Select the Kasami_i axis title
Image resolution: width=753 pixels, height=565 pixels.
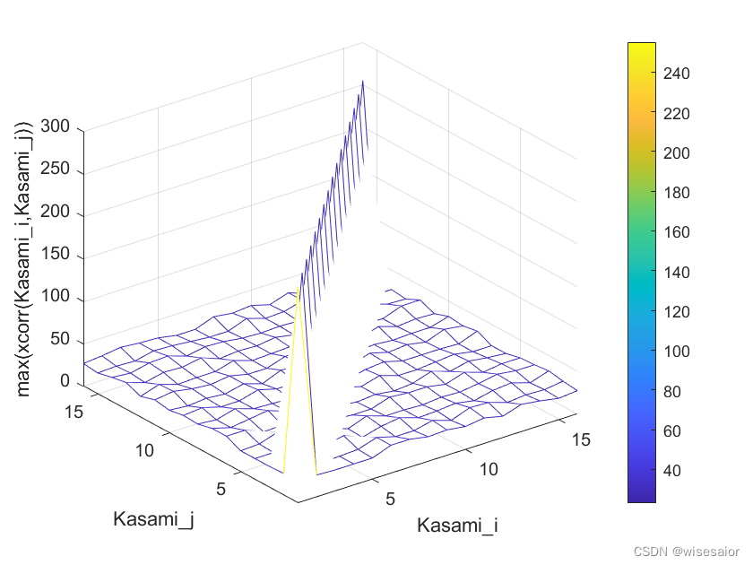pyautogui.click(x=457, y=526)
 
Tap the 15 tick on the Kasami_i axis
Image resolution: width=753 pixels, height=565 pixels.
pyautogui.click(x=580, y=439)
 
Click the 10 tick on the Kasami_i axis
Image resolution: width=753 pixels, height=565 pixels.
pyautogui.click(x=488, y=469)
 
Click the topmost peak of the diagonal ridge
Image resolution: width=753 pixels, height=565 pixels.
pyautogui.click(x=363, y=82)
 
